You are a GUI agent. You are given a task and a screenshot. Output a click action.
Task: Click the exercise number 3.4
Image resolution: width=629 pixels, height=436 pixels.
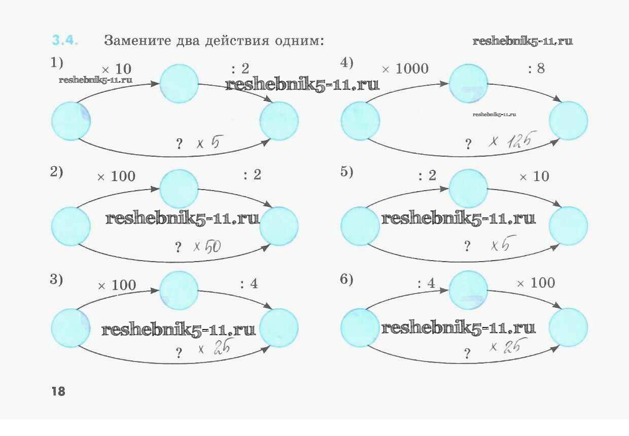pos(65,41)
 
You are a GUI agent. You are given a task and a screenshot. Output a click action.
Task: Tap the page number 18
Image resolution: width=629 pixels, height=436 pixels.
pos(58,391)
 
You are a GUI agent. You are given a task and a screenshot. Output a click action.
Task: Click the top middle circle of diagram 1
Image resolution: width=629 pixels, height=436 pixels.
pos(179,83)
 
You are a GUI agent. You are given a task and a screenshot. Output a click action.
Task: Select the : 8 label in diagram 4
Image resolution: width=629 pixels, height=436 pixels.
pos(537,68)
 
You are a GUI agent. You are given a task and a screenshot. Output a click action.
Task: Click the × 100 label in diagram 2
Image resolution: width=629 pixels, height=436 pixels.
pos(117,176)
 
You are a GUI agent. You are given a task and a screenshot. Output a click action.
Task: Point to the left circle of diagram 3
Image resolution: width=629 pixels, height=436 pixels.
pos(71,328)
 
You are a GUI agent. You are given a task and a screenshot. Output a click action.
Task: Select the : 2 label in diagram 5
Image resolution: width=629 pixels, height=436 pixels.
pos(427,176)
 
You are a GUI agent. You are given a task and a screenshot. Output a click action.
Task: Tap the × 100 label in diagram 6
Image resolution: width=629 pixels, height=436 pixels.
pos(536,283)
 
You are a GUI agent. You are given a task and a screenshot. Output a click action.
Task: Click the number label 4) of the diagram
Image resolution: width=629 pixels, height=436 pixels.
pos(346,63)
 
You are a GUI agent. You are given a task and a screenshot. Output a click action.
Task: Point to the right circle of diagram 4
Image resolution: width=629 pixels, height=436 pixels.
pos(568,121)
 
